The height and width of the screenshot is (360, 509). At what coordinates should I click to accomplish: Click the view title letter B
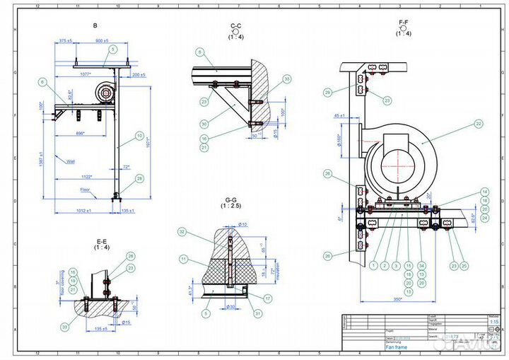coord(95,25)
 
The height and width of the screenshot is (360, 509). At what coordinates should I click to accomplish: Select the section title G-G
coord(231,200)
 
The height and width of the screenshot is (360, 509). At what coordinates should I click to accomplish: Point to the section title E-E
coord(102,242)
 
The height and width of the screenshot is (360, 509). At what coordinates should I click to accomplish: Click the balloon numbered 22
coord(479,124)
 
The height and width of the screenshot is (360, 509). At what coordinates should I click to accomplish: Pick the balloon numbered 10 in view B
coord(140,135)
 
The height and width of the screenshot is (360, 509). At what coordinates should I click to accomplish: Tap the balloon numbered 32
coord(182,231)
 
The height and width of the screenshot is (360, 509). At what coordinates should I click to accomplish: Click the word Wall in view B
coord(71,162)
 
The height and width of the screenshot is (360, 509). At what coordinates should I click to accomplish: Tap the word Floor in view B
coord(84,190)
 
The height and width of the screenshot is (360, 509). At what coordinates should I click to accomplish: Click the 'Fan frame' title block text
coord(396,347)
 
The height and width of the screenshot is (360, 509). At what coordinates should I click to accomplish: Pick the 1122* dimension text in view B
coord(88,177)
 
